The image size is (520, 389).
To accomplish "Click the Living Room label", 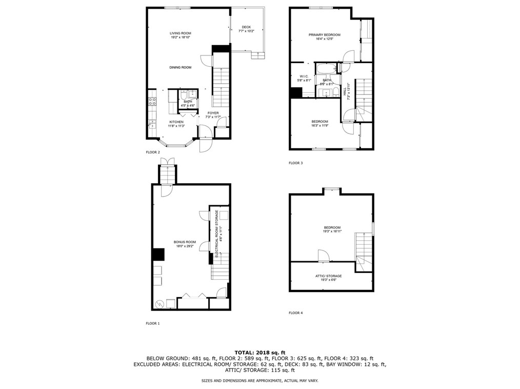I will pyautogui.click(x=181, y=34).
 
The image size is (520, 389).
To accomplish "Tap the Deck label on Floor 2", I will pyautogui.click(x=246, y=27).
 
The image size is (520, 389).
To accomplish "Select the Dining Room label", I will pyautogui.click(x=181, y=67).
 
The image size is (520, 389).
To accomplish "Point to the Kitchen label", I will pyautogui.click(x=176, y=122).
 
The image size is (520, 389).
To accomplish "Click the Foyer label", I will pyautogui.click(x=213, y=113).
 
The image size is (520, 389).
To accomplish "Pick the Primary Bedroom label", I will pyautogui.click(x=324, y=35).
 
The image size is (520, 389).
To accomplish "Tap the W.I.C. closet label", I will pyautogui.click(x=304, y=76).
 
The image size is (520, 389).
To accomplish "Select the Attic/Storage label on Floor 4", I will pyautogui.click(x=328, y=276).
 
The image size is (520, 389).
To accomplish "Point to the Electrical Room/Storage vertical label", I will pyautogui.click(x=217, y=234).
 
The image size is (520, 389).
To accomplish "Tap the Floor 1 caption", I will pyautogui.click(x=153, y=323).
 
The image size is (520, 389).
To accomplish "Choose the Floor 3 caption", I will pyautogui.click(x=295, y=163).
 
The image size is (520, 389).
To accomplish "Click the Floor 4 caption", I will pyautogui.click(x=295, y=313).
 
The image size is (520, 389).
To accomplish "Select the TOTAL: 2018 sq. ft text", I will pyautogui.click(x=259, y=352).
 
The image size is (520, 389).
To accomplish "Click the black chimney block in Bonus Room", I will pyautogui.click(x=157, y=255).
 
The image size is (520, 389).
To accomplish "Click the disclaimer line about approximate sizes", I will pyautogui.click(x=259, y=380).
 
